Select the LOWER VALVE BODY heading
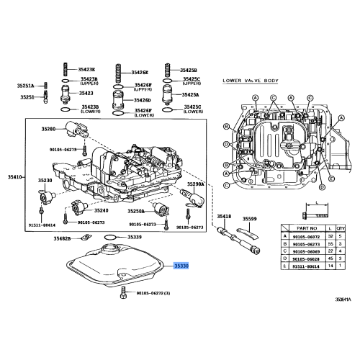tap(248, 81)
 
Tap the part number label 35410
tap(16, 176)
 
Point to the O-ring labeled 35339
tap(109, 236)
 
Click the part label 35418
tap(224, 217)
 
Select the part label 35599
tap(248, 217)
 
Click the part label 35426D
tap(143, 101)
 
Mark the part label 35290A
tap(197, 184)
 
